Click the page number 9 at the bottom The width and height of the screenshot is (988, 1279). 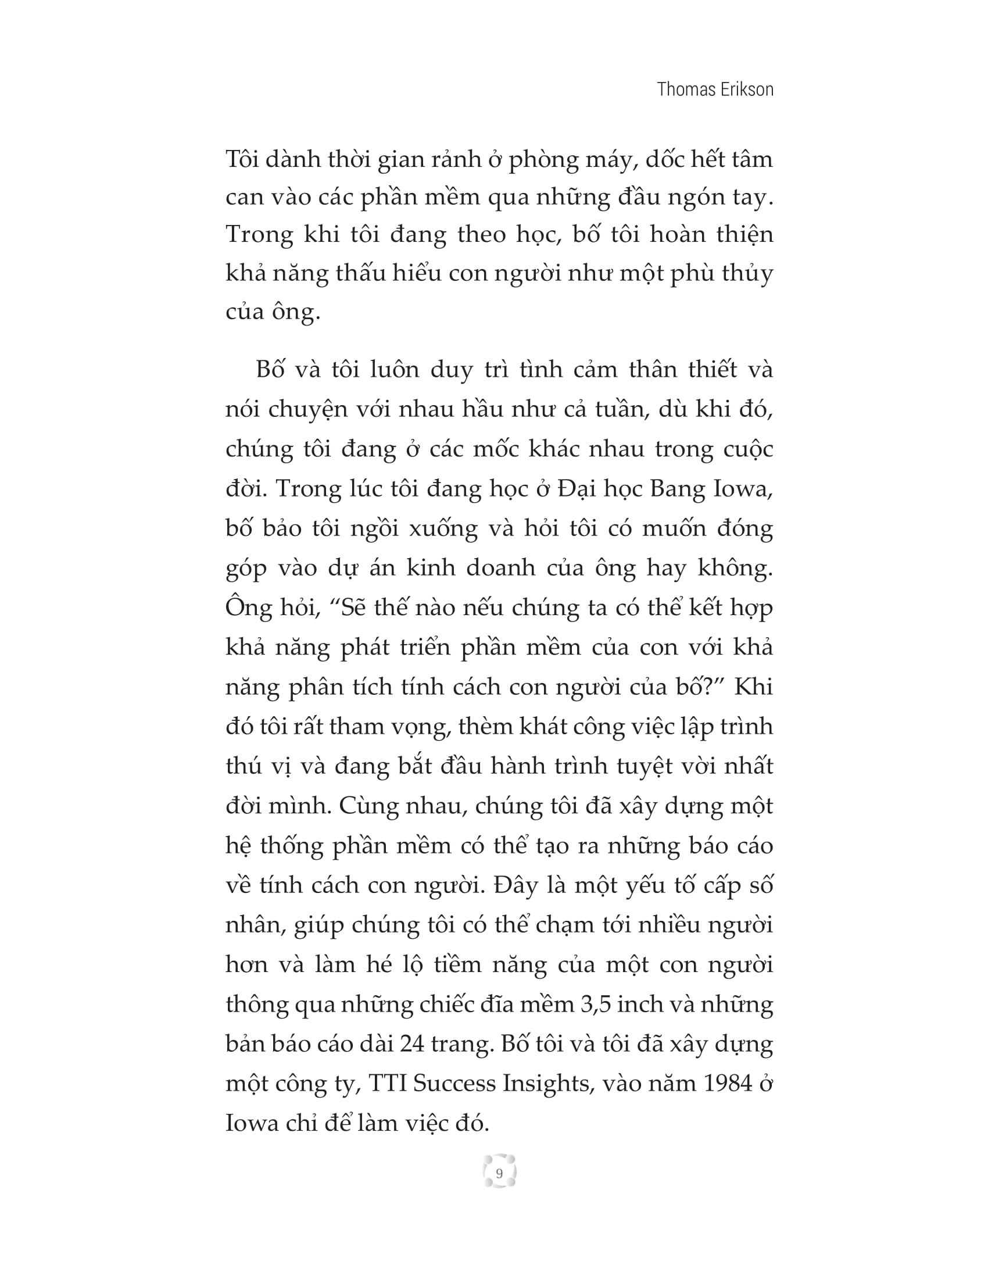pos(499,1174)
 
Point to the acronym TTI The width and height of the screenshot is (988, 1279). pos(388,1084)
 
